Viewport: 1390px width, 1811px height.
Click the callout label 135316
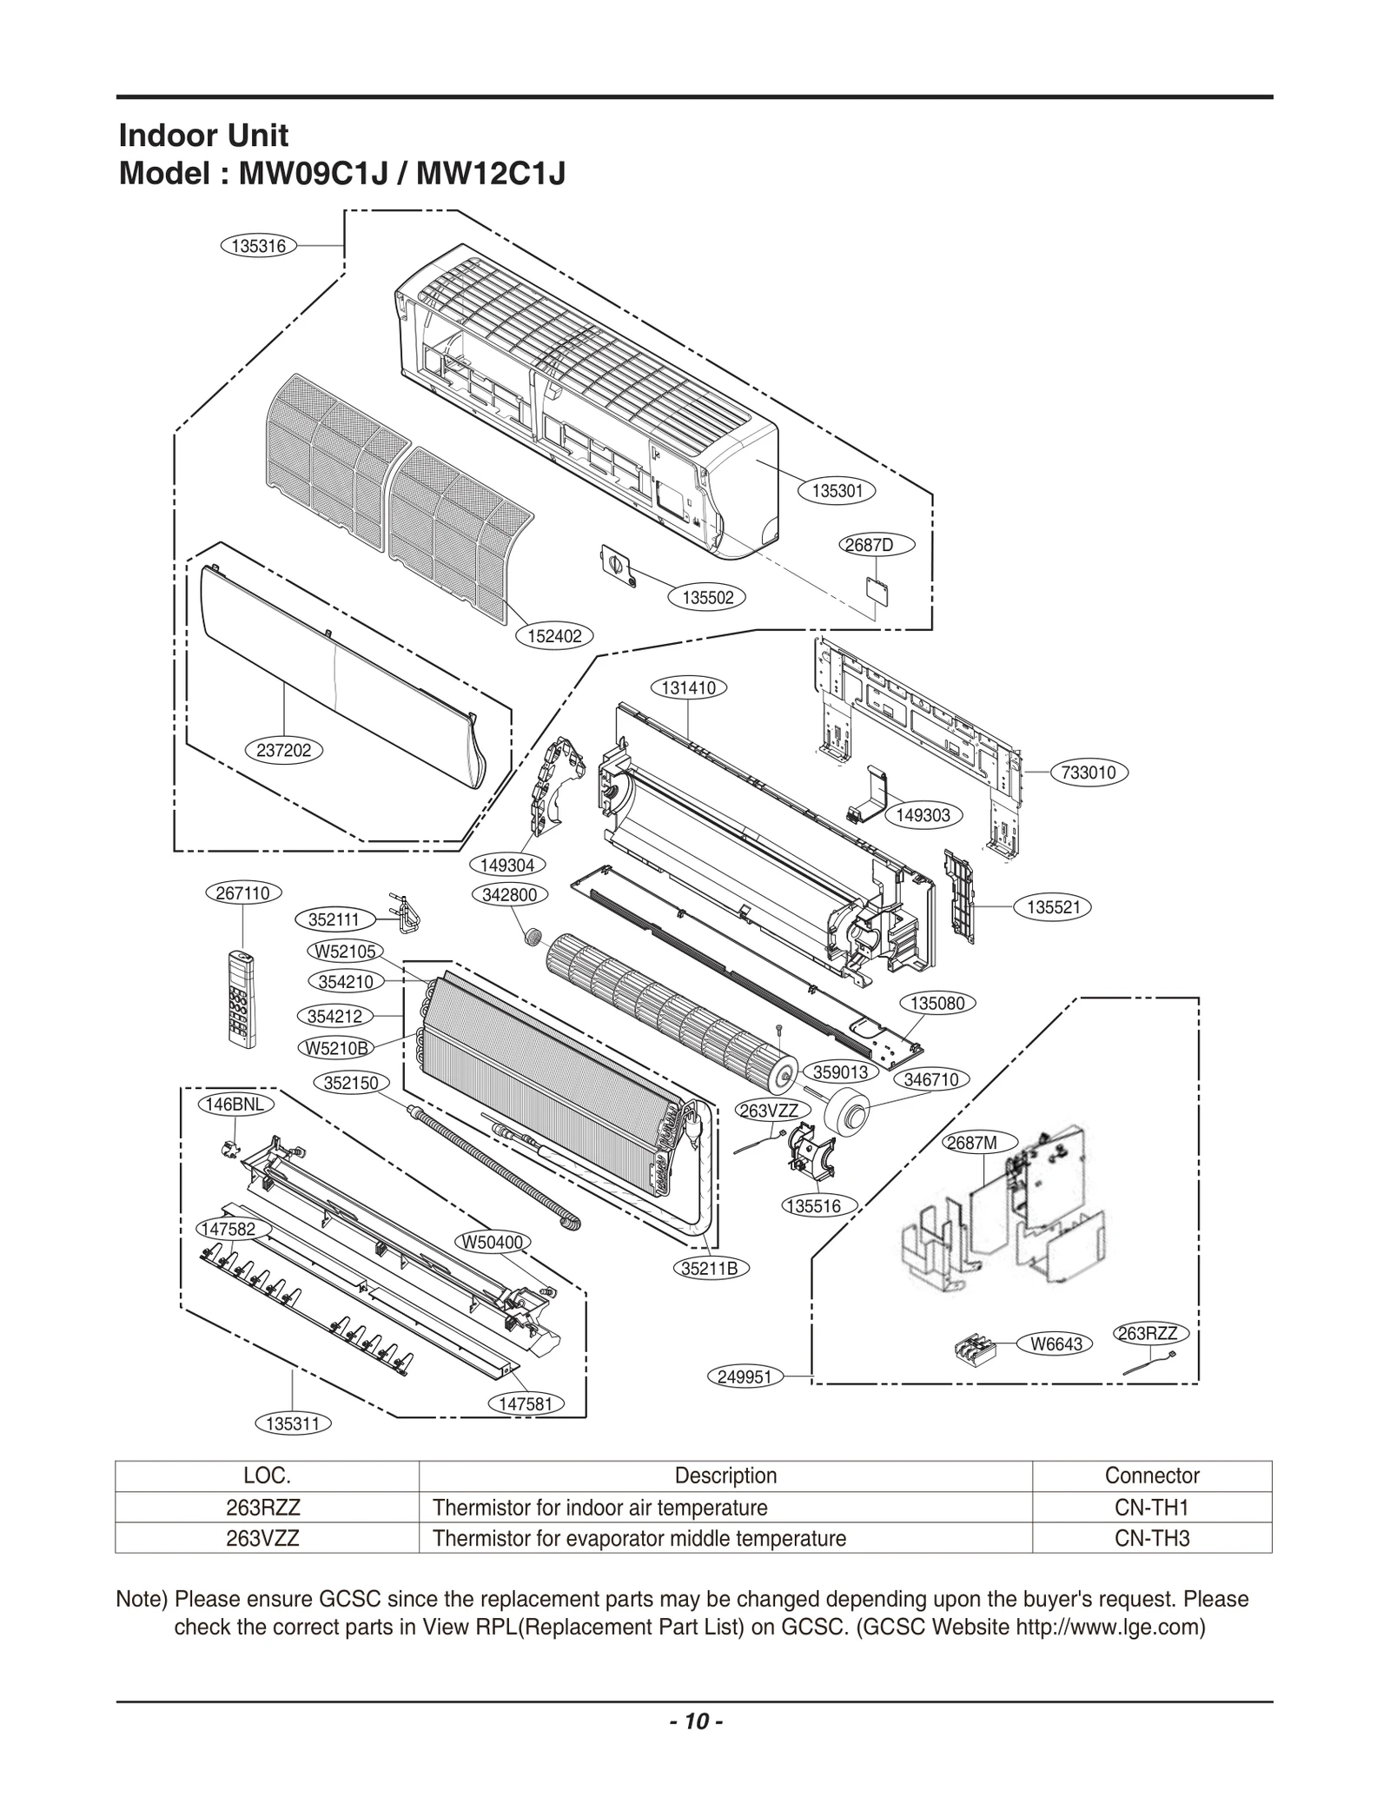click(259, 246)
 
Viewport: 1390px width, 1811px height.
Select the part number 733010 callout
click(1089, 772)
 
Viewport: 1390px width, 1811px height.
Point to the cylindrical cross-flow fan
click(669, 1012)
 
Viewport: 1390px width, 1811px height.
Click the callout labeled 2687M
click(972, 1143)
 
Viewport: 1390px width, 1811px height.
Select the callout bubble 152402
click(554, 636)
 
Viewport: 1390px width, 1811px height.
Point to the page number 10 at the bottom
click(695, 1745)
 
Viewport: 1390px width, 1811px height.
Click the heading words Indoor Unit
click(202, 136)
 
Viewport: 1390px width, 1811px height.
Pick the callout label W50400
click(493, 1243)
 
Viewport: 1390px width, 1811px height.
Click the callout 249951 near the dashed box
click(745, 1376)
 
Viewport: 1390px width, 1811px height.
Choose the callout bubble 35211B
click(709, 1268)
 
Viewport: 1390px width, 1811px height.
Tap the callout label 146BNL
click(235, 1105)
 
